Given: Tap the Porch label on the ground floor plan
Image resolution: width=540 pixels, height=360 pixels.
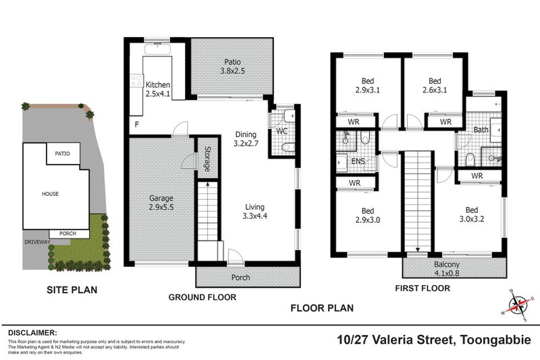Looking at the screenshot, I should click(240, 278).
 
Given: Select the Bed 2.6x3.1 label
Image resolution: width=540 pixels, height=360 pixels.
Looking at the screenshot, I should click(435, 85).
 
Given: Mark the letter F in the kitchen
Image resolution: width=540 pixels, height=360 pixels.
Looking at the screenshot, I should click(138, 126).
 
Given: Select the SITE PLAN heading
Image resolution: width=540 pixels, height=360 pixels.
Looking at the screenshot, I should click(72, 290).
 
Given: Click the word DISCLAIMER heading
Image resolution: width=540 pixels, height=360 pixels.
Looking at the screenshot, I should click(32, 333).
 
